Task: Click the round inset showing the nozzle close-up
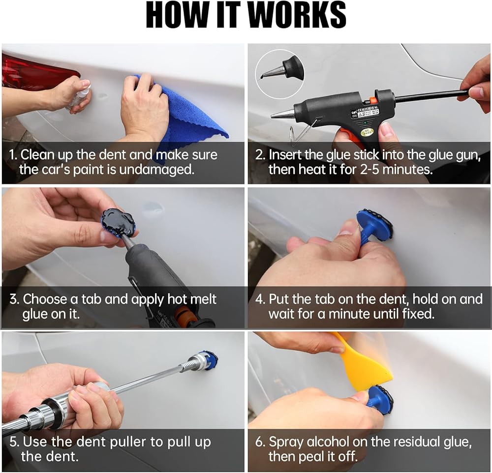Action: (280, 73)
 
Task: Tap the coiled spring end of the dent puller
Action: (191, 363)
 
